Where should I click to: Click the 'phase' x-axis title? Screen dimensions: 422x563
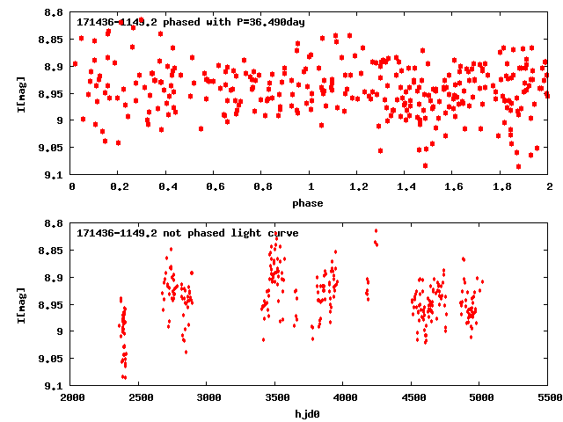[x=310, y=203]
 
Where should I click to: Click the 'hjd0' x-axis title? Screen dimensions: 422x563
[x=310, y=414]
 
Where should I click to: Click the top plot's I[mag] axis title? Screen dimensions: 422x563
[x=20, y=93]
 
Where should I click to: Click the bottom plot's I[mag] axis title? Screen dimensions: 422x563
[x=20, y=304]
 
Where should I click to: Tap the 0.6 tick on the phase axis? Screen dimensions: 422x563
[x=215, y=187]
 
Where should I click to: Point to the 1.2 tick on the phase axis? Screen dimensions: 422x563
[x=358, y=187]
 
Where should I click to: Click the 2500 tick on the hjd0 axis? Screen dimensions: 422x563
[x=140, y=398]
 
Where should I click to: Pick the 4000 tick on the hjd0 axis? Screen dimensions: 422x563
[x=344, y=398]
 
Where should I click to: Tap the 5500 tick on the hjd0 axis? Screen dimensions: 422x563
[x=549, y=398]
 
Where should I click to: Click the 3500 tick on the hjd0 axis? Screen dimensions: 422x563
[x=276, y=398]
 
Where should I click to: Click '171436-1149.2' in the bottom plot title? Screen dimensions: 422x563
[x=112, y=233]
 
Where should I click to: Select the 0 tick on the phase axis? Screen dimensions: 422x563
[x=71, y=187]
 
